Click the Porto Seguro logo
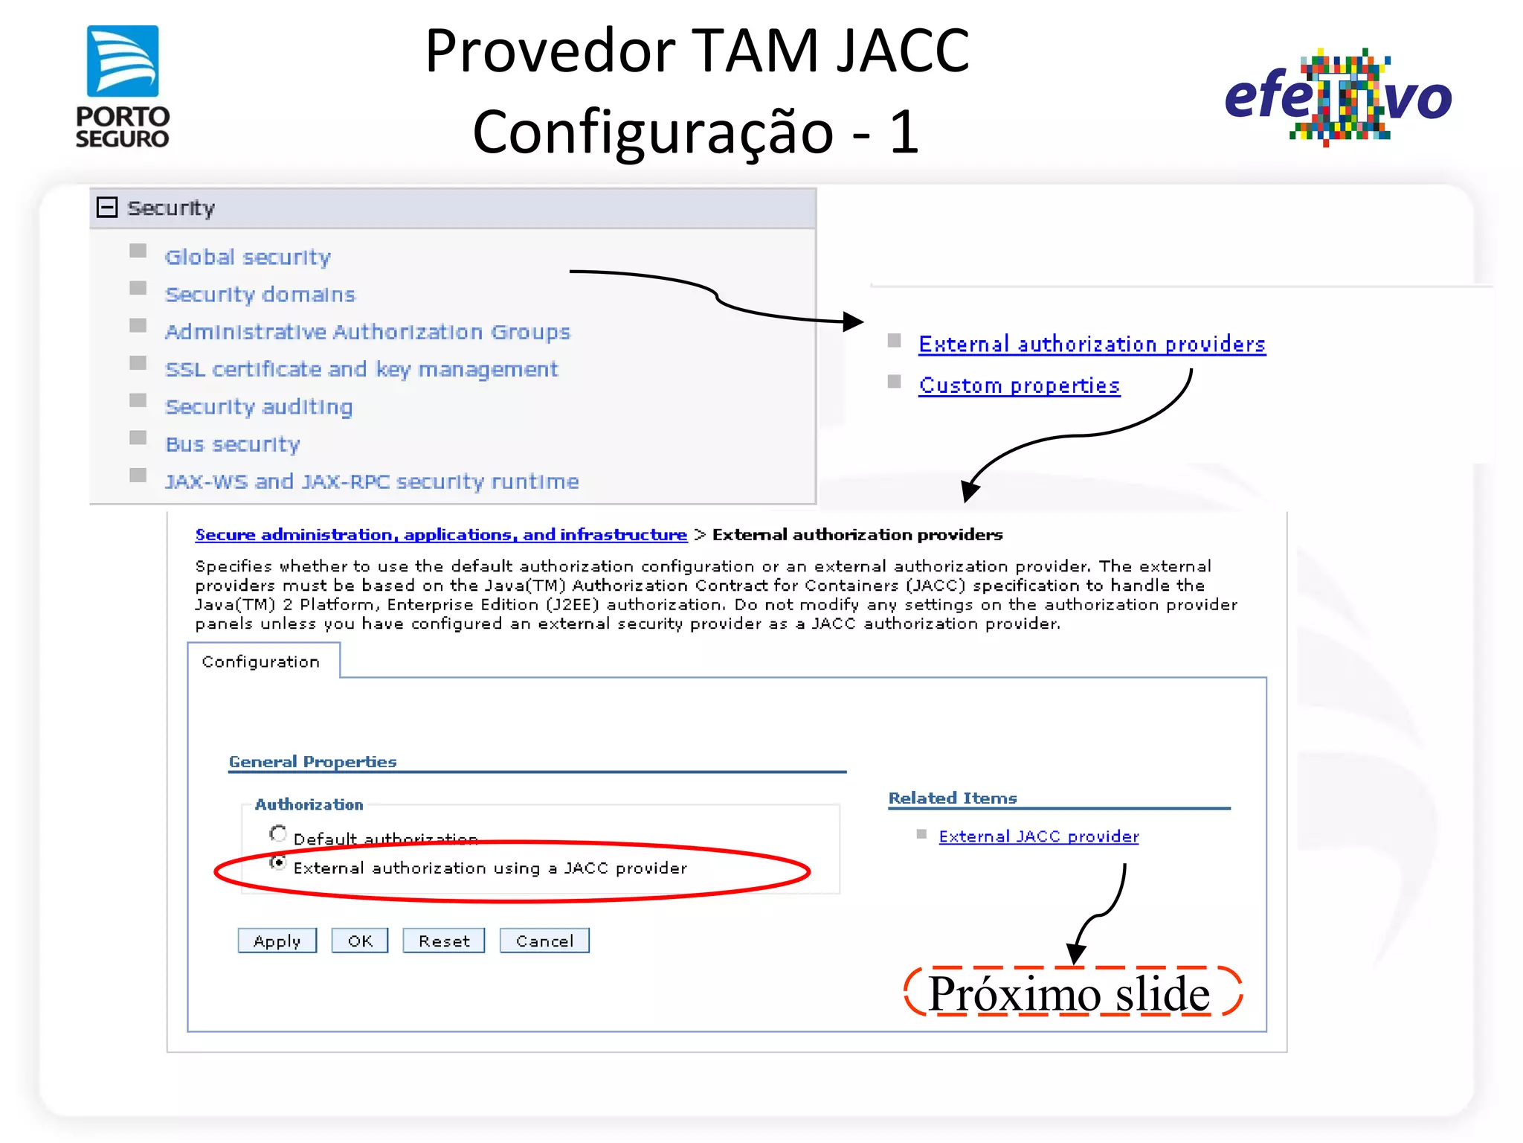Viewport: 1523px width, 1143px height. pyautogui.click(x=123, y=86)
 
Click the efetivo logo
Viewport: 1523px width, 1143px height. pyautogui.click(x=1337, y=97)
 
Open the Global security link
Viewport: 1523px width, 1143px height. pyautogui.click(x=248, y=257)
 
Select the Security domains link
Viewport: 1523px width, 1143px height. pyautogui.click(x=260, y=295)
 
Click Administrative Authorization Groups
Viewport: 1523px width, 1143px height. pyautogui.click(x=367, y=332)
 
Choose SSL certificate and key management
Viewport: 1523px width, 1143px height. pyautogui.click(x=361, y=370)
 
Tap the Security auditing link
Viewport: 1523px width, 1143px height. pyautogui.click(x=259, y=407)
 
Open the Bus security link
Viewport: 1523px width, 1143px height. pyautogui.click(x=233, y=444)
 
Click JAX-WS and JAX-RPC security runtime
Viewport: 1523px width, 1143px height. pyautogui.click(x=372, y=482)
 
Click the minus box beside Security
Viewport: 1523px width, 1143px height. pyautogui.click(x=107, y=208)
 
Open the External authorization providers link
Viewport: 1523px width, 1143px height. pyautogui.click(x=1092, y=345)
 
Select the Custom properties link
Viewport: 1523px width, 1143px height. pyautogui.click(x=1019, y=385)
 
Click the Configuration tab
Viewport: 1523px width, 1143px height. pyautogui.click(x=261, y=662)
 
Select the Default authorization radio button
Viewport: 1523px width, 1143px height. pyautogui.click(x=278, y=834)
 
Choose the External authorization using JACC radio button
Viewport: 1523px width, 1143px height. pyautogui.click(x=278, y=863)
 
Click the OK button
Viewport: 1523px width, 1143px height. pyautogui.click(x=360, y=941)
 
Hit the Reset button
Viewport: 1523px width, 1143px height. pyautogui.click(x=444, y=941)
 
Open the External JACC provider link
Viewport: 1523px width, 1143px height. pyautogui.click(x=1038, y=836)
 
